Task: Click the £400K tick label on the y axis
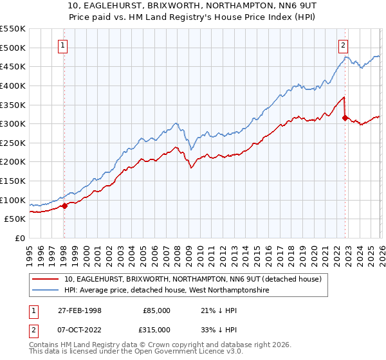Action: tap(13, 85)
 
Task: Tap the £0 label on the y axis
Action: tap(19, 238)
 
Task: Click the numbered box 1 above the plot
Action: tap(64, 45)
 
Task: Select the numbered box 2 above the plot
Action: tap(344, 45)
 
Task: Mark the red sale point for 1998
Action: tap(64, 206)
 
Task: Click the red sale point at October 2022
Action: tap(345, 118)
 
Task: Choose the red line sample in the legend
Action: tap(46, 279)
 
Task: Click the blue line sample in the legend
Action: tap(46, 290)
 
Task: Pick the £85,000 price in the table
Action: tap(156, 310)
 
